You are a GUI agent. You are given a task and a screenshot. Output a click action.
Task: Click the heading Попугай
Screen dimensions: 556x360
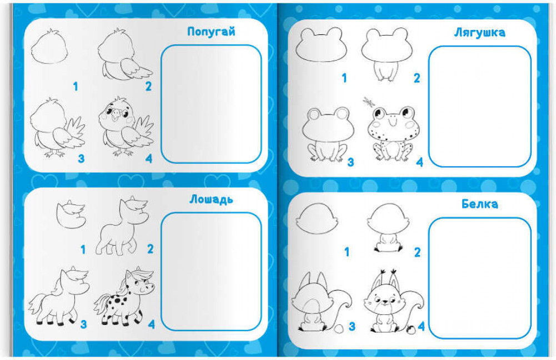tap(211, 32)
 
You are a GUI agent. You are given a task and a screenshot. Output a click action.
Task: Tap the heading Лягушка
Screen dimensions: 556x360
tap(479, 33)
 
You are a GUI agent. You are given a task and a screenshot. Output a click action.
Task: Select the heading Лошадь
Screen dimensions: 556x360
tap(211, 199)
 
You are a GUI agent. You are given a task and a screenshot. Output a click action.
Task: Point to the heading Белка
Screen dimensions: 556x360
tap(479, 204)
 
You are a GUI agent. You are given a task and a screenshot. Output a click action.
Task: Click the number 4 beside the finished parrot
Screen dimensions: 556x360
tap(149, 158)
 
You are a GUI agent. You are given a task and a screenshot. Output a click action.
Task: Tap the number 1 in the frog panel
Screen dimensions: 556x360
tap(344, 78)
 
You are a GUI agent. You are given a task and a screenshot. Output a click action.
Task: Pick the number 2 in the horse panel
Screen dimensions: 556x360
tap(151, 249)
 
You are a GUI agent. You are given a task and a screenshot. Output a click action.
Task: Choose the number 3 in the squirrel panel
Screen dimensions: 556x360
tap(352, 326)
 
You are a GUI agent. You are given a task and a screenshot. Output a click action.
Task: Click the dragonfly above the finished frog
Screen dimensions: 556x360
tap(368, 102)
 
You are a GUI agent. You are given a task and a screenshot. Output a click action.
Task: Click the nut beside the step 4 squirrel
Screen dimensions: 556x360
tap(412, 329)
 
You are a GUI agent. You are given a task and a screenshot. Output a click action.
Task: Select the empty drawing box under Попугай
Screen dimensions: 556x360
tap(211, 104)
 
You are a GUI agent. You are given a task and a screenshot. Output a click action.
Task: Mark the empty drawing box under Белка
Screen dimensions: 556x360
tap(480, 278)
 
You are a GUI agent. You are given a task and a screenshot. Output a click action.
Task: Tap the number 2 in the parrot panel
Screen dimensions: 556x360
tap(148, 86)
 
